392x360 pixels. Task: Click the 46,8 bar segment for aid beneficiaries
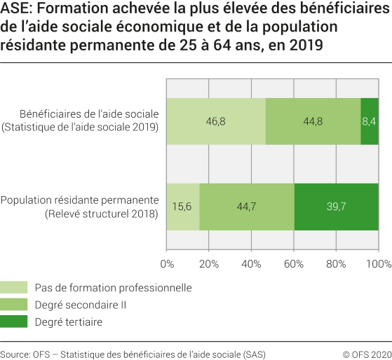pyautogui.click(x=216, y=121)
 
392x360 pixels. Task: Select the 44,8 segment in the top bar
pyautogui.click(x=313, y=121)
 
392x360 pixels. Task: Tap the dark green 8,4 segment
pyautogui.click(x=370, y=121)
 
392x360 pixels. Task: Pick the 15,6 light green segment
pyautogui.click(x=183, y=206)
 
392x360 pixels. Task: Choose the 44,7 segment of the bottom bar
pyautogui.click(x=247, y=206)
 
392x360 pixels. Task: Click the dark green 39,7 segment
pyautogui.click(x=337, y=206)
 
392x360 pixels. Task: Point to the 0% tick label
pyautogui.click(x=167, y=264)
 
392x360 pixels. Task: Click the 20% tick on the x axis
pyautogui.click(x=209, y=264)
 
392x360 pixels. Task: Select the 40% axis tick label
pyautogui.click(x=251, y=264)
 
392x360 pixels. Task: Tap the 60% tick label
pyautogui.click(x=294, y=264)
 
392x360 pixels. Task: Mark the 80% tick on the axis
pyautogui.click(x=336, y=264)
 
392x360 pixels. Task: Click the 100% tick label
pyautogui.click(x=379, y=264)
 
